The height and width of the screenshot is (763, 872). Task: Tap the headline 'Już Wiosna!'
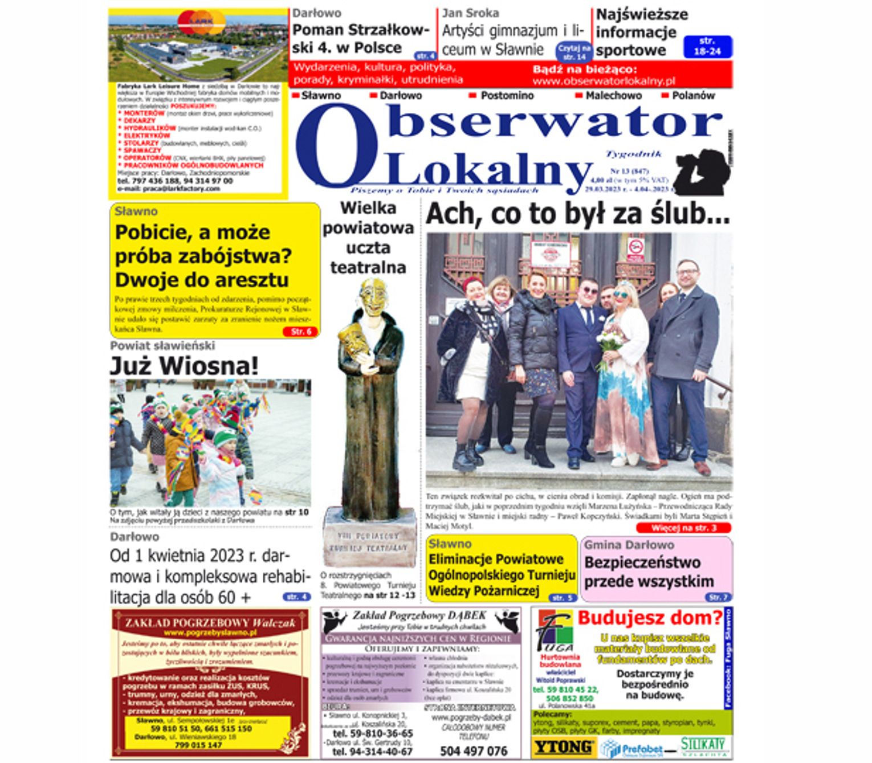[184, 366]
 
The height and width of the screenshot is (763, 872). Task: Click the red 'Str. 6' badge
[300, 332]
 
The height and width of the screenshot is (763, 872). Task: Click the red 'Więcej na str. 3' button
[683, 528]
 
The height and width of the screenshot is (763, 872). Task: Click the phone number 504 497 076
[473, 751]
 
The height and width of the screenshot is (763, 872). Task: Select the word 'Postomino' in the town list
[507, 96]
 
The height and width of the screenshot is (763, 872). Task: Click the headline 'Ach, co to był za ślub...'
[577, 214]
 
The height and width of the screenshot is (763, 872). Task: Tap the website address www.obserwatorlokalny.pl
[604, 81]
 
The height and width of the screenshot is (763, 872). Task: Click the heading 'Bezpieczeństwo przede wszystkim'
[649, 572]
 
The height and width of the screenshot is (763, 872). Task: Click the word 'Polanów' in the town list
[692, 96]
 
